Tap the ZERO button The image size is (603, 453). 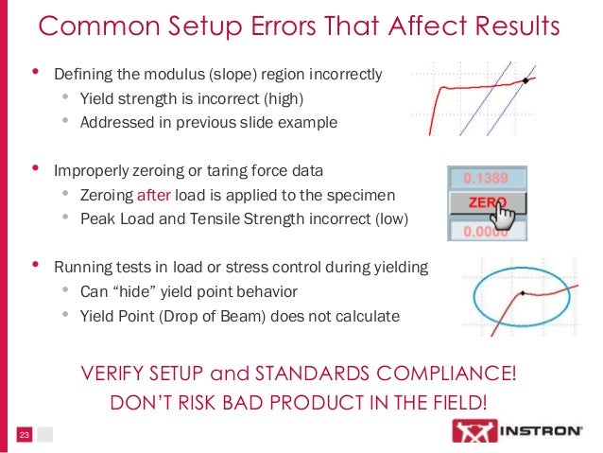pos(485,202)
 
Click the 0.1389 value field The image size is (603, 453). pos(486,178)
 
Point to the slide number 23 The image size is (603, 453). pos(23,434)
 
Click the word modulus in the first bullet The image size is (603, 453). pos(180,73)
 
